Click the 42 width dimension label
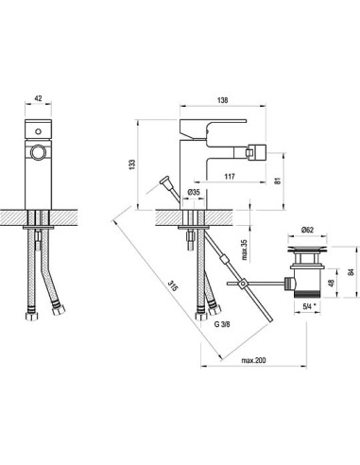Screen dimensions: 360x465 [38, 98]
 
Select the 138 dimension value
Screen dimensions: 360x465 [222, 100]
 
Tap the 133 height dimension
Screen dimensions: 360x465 [132, 164]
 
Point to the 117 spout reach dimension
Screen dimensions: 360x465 [230, 177]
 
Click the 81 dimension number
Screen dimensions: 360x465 [277, 181]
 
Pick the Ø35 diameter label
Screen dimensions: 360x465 [194, 192]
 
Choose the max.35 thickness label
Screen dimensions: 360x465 [245, 250]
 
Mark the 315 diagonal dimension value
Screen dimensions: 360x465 [173, 286]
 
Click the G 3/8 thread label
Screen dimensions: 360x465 [222, 324]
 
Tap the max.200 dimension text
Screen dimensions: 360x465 [253, 360]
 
